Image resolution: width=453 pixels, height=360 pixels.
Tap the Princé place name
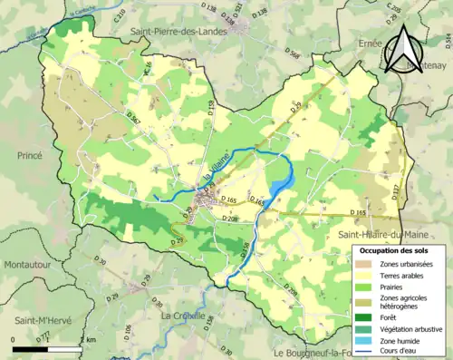coord(29,155)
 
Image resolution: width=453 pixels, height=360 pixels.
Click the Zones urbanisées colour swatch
coord(365,263)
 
